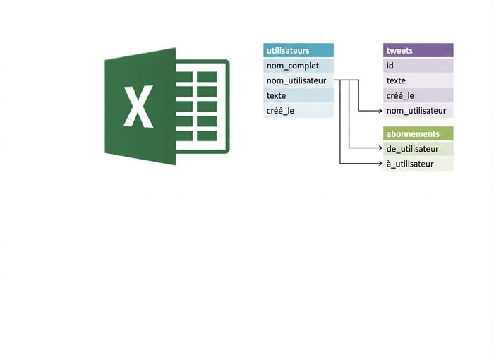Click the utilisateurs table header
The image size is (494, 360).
tap(299, 50)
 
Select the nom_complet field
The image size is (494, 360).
tap(299, 66)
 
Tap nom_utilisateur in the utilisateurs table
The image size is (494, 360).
tap(299, 80)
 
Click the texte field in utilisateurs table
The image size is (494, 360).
tap(299, 95)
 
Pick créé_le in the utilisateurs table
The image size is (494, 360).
tap(299, 111)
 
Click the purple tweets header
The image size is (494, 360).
tap(418, 50)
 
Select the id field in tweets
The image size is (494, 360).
tap(418, 66)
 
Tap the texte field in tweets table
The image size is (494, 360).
tap(418, 80)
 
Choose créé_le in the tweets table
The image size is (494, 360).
tap(418, 95)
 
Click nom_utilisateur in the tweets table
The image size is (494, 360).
tap(418, 111)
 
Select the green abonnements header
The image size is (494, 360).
tap(418, 133)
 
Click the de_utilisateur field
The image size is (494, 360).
tap(418, 149)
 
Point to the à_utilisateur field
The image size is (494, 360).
tap(418, 164)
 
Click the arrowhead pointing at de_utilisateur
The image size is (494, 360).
tap(380, 148)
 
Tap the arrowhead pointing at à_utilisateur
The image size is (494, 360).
tap(380, 163)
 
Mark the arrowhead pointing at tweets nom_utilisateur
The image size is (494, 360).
tap(380, 111)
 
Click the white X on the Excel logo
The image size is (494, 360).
tap(138, 107)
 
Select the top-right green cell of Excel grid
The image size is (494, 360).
tap(207, 77)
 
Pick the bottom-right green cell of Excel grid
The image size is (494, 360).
tap(207, 136)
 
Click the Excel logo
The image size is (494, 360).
tap(167, 106)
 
